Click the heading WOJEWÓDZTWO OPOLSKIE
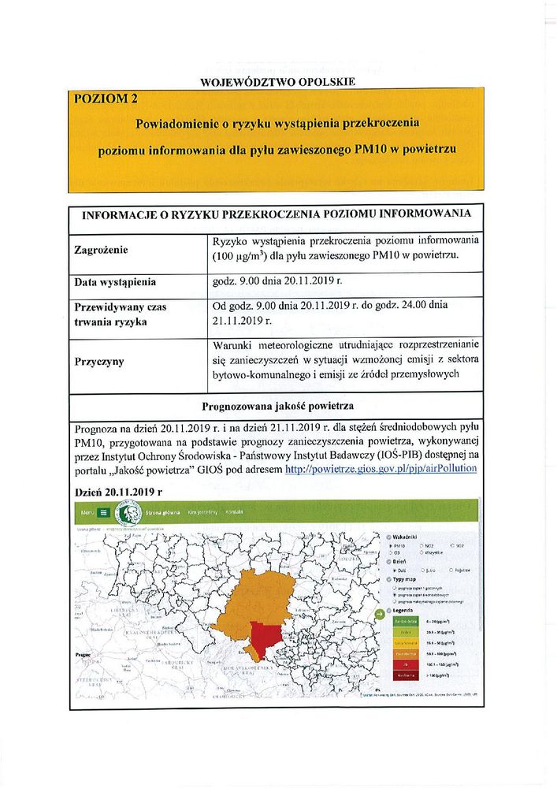pyautogui.click(x=278, y=81)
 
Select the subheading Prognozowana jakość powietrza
pyautogui.click(x=277, y=407)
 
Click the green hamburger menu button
pyautogui.click(x=104, y=511)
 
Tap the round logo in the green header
pyautogui.click(x=129, y=511)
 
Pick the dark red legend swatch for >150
pyautogui.click(x=405, y=675)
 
